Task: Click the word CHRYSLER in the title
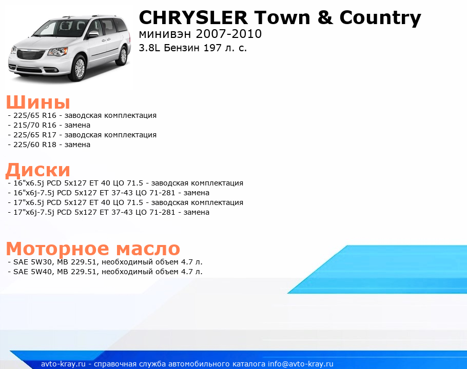[193, 17]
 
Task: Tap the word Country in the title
[380, 18]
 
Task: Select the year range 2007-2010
[229, 34]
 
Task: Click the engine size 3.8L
[149, 48]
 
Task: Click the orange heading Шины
[38, 102]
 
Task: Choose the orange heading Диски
[38, 170]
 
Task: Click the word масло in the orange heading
[148, 249]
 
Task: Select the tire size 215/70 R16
[35, 125]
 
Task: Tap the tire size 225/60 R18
[35, 145]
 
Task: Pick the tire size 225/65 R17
[35, 135]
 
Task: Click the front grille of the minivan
[31, 55]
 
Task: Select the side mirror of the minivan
[93, 34]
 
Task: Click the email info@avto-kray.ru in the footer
[301, 364]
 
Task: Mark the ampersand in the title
[325, 18]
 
